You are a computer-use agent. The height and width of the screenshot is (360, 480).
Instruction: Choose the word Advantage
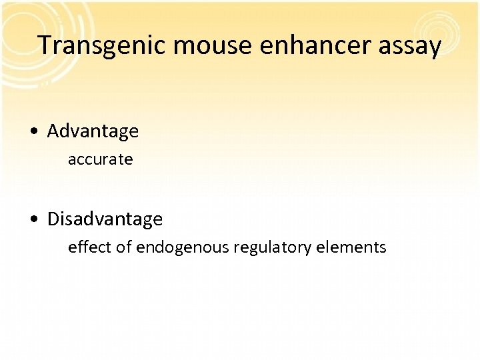click(93, 131)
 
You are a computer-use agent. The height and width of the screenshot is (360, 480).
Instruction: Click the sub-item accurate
click(100, 160)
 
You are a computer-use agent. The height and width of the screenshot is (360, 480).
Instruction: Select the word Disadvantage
click(105, 219)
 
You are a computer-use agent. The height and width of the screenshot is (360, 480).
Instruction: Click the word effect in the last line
click(89, 247)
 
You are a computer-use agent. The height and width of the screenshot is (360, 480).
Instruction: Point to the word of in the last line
click(123, 247)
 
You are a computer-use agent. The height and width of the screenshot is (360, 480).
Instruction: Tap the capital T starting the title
click(45, 45)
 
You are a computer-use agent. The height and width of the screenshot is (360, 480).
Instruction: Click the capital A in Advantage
click(53, 131)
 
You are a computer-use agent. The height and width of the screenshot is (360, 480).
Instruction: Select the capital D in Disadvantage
click(54, 219)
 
